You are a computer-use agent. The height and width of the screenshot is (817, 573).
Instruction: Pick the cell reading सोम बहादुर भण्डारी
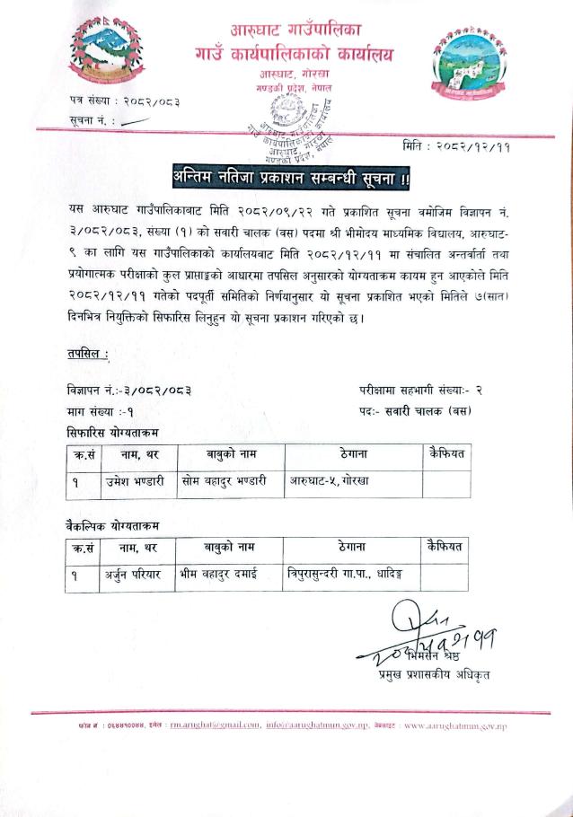point(224,480)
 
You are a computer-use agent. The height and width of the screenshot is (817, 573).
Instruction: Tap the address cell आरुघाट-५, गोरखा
point(331,480)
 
